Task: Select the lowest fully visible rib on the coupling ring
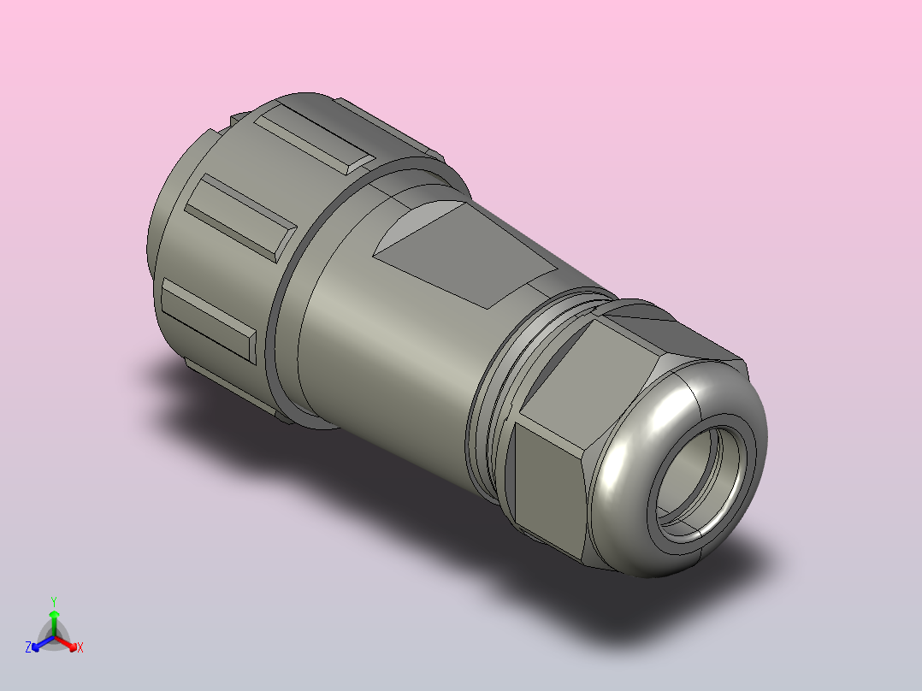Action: [210, 321]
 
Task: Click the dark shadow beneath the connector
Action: [342, 479]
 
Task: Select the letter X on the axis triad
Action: [80, 648]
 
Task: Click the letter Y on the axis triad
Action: [54, 600]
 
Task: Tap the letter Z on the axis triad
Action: [28, 647]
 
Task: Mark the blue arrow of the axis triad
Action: [39, 643]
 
